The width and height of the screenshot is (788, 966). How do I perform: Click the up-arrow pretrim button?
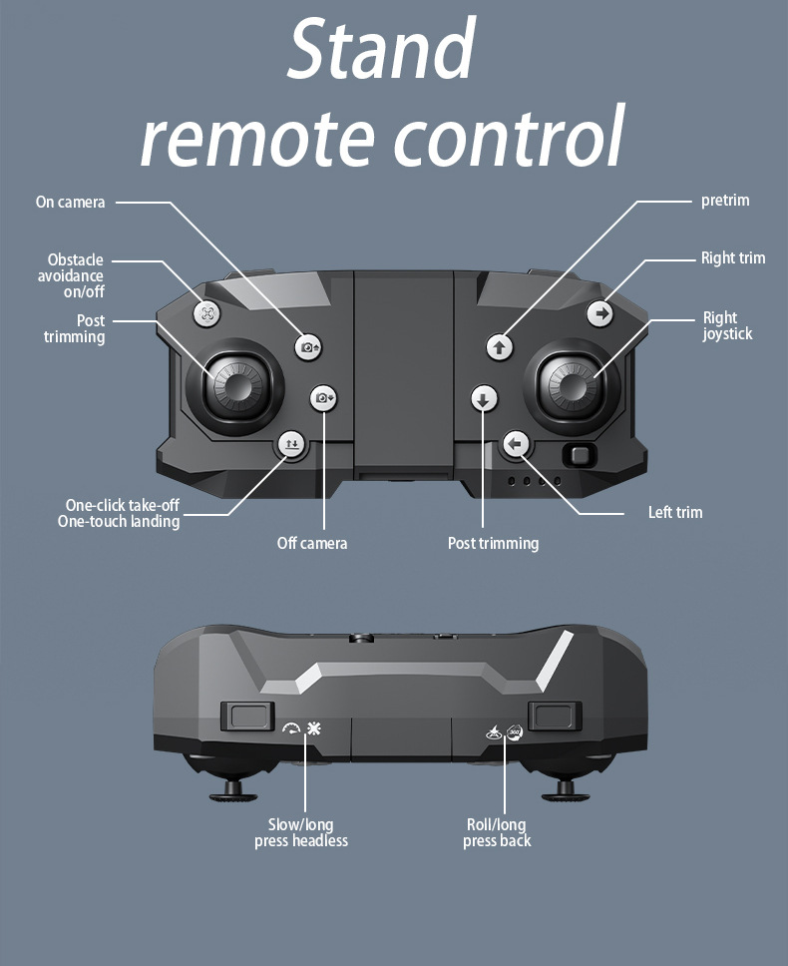click(500, 347)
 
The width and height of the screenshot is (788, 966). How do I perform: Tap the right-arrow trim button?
click(600, 313)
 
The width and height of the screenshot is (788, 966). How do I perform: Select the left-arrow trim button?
click(515, 443)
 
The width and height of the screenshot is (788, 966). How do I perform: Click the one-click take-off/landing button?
click(290, 445)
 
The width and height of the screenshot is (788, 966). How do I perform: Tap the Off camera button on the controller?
click(324, 398)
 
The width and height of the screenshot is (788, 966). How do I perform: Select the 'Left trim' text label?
click(675, 512)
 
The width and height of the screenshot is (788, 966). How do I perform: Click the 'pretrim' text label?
click(725, 201)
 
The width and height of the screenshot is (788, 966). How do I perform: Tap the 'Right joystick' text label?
click(727, 325)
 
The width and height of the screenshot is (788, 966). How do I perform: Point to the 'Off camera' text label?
click(312, 543)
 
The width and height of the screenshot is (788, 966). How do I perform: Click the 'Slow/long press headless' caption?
click(301, 832)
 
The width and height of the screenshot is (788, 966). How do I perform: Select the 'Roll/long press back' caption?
click(497, 832)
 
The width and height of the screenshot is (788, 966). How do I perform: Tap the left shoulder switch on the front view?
click(246, 715)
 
